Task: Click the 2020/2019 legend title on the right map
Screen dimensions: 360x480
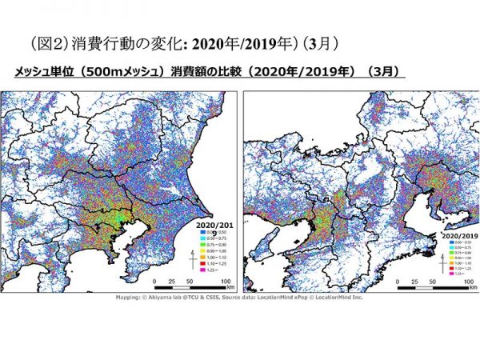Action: (x=458, y=235)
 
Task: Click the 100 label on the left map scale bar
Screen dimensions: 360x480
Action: (x=226, y=282)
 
